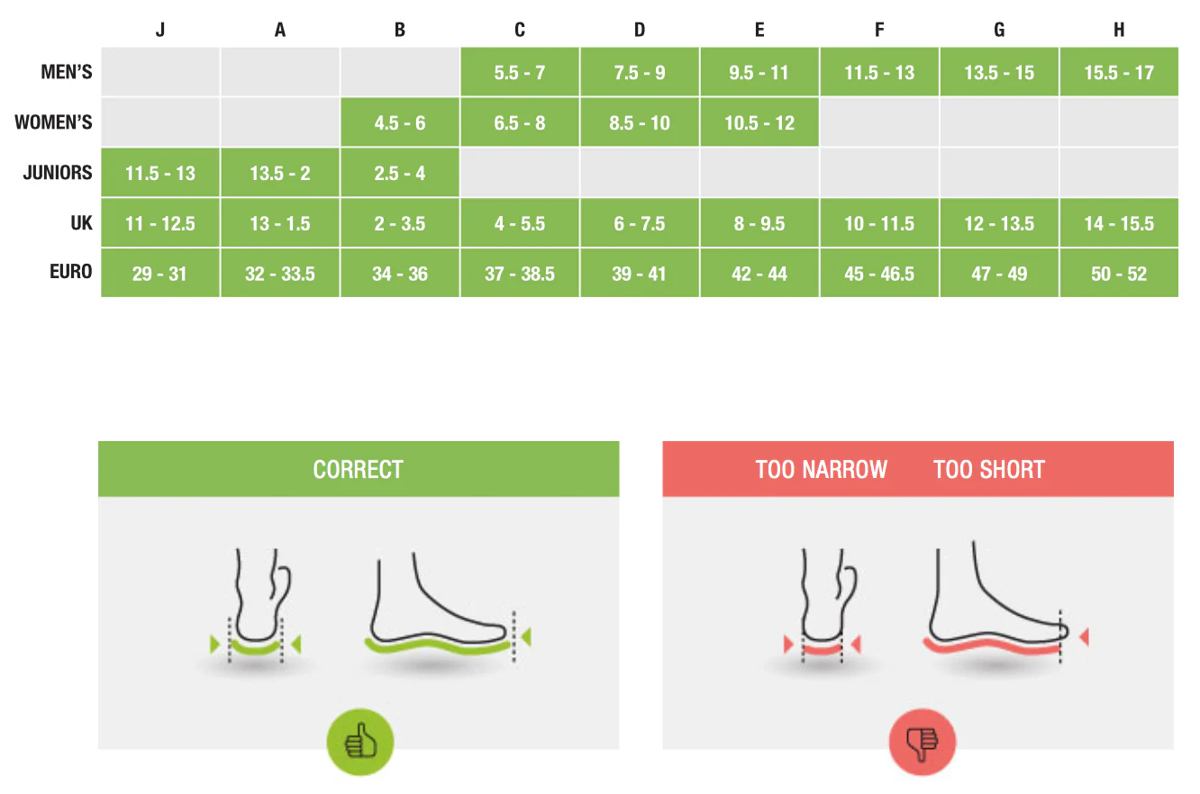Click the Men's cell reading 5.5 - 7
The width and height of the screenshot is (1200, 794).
coord(519,73)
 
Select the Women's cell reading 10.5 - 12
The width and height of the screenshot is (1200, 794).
coord(759,123)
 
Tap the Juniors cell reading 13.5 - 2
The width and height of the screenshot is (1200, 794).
coord(279,174)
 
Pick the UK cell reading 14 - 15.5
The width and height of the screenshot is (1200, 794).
coord(1119,224)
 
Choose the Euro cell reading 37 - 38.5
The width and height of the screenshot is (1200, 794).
coord(519,274)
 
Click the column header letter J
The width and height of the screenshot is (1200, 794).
coord(159,30)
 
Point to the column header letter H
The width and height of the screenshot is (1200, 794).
coord(1119,30)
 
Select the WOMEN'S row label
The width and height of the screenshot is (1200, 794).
coord(53,123)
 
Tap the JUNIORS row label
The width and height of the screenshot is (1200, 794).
coord(58,173)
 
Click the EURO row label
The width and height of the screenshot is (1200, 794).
coord(70,272)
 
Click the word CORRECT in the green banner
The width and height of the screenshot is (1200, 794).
coord(358,470)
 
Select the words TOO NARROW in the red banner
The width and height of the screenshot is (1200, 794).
coord(821,470)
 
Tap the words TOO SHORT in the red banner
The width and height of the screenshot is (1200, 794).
coord(988,470)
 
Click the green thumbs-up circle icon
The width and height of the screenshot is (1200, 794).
coord(360,743)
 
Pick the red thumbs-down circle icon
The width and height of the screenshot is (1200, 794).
coord(922,743)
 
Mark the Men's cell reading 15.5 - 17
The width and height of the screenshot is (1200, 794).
coord(1119,73)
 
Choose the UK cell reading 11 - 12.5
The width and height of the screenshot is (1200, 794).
coord(159,224)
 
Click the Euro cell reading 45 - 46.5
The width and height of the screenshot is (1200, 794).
coord(879,274)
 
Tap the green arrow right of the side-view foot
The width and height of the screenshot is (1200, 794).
coord(526,637)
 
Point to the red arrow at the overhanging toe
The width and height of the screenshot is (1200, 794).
coord(1084,637)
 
